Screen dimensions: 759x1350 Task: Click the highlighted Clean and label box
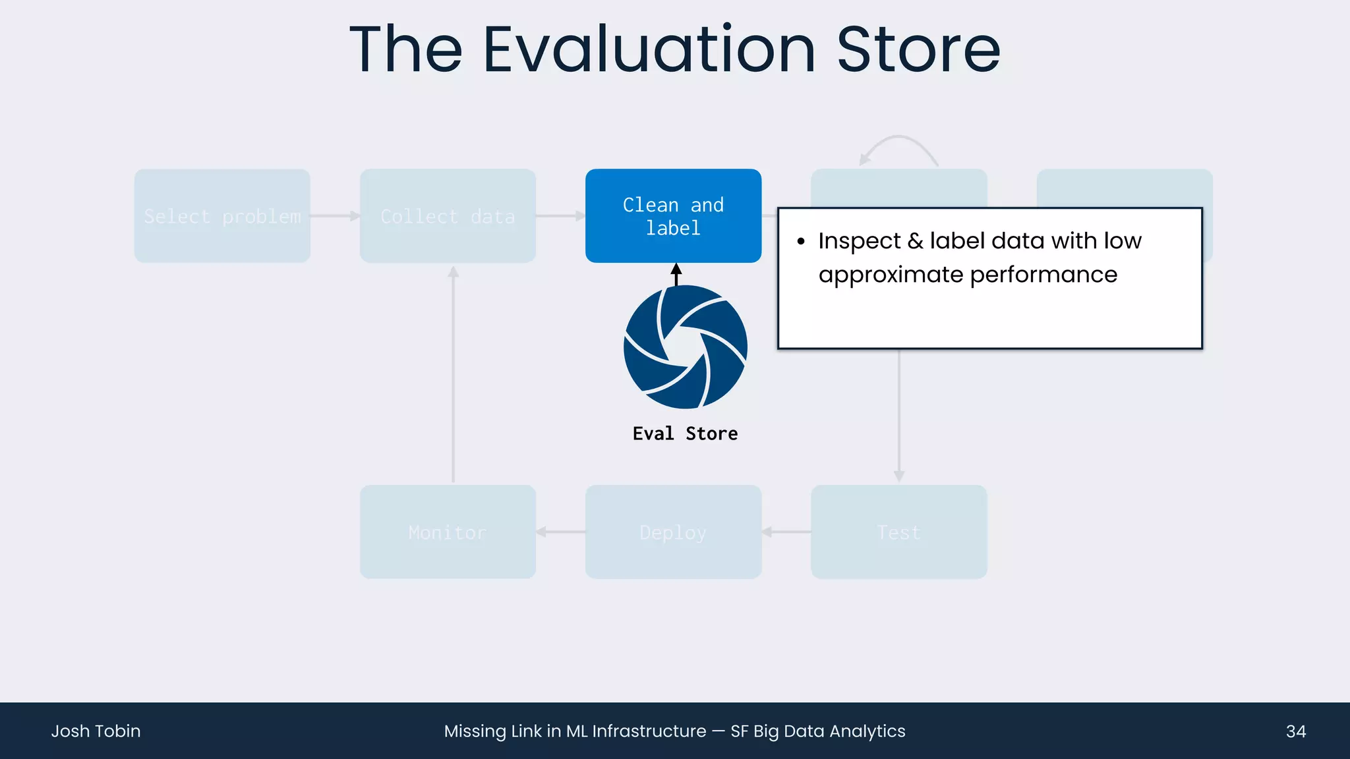pos(673,216)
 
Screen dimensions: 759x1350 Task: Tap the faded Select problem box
pos(222,216)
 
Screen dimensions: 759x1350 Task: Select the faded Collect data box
pos(448,216)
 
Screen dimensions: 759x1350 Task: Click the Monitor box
pos(448,532)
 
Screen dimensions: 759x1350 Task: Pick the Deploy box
pos(673,532)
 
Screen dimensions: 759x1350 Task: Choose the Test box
pos(898,532)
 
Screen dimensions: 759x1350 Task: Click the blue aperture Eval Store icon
pos(686,347)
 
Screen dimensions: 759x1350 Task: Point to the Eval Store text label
pos(685,434)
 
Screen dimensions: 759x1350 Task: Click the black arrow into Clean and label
pos(676,273)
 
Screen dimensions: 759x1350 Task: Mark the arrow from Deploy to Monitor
pos(560,532)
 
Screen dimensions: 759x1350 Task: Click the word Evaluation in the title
pos(649,50)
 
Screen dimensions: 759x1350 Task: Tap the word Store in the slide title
pos(918,50)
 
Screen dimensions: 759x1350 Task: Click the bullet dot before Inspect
pos(801,242)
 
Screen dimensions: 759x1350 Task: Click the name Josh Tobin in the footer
pos(96,731)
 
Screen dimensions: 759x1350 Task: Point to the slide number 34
pos(1295,731)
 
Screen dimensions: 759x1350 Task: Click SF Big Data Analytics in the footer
pos(817,731)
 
